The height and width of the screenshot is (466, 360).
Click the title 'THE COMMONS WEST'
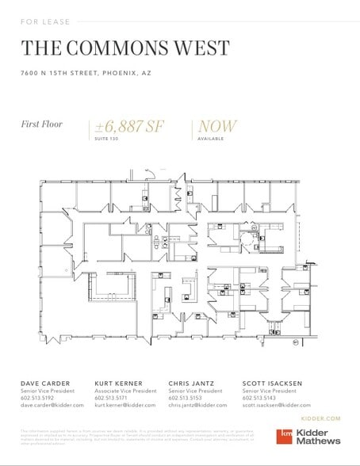tap(124, 48)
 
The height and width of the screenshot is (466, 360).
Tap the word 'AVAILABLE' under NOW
tap(210, 139)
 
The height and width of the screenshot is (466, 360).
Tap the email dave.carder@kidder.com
tap(52, 404)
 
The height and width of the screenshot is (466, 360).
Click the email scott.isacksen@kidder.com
tap(281, 404)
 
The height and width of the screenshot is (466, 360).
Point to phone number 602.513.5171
tap(112, 397)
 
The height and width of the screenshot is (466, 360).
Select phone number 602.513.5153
tap(186, 397)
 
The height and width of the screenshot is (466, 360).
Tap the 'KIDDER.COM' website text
tap(322, 418)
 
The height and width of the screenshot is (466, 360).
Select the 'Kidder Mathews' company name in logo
tap(319, 436)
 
